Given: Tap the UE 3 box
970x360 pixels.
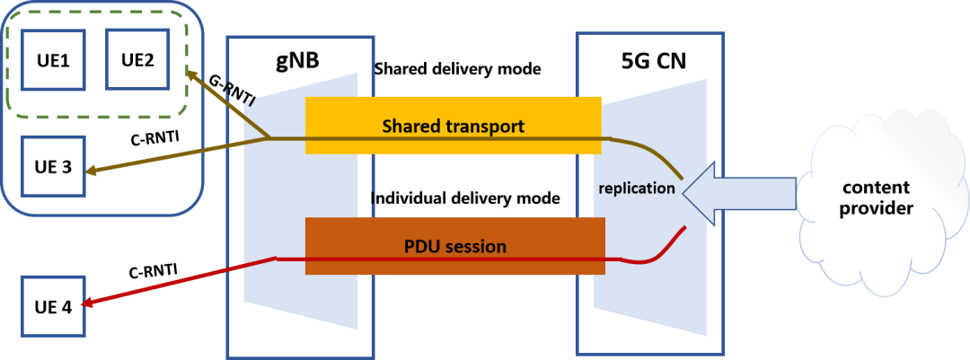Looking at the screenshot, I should pyautogui.click(x=53, y=167).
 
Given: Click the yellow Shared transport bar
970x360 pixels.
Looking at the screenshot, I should pyautogui.click(x=453, y=127).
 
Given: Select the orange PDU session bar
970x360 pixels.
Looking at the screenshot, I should pyautogui.click(x=453, y=246).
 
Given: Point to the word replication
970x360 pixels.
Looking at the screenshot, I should pyautogui.click(x=636, y=189).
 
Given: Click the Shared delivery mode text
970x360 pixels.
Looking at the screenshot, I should pyautogui.click(x=457, y=68).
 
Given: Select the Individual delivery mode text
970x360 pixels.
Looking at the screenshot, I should pyautogui.click(x=468, y=196).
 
